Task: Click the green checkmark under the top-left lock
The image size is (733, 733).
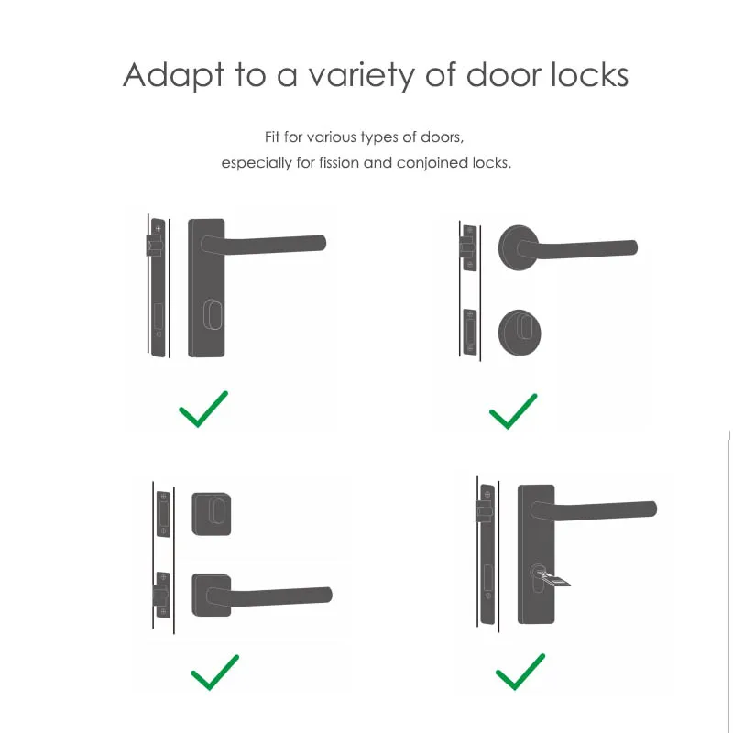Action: (x=203, y=409)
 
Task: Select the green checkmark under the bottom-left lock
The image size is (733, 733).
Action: (x=214, y=673)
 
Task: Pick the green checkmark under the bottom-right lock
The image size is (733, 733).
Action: (x=520, y=673)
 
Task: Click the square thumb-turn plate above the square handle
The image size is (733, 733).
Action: (x=213, y=513)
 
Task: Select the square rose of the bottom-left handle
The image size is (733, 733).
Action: (x=213, y=596)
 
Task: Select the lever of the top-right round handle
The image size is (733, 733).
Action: (x=586, y=248)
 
